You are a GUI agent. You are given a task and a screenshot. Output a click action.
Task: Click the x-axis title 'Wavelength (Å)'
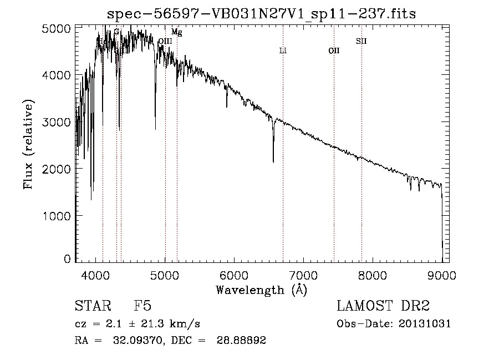[261, 290]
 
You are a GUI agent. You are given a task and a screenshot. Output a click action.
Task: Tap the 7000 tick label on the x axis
[303, 274]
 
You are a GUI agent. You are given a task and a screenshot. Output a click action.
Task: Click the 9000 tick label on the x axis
[442, 274]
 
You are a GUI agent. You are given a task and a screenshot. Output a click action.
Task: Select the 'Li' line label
[283, 51]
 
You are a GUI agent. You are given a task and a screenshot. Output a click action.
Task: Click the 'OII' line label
[334, 51]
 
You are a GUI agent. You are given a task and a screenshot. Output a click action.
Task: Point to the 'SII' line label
[361, 41]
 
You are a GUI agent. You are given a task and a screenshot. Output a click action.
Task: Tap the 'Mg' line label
[177, 33]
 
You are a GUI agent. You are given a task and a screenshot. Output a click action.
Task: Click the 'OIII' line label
[165, 41]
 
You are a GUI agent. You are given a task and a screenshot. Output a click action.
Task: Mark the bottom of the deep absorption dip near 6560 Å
[273, 161]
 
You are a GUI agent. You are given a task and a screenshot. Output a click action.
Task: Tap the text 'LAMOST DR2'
[383, 306]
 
